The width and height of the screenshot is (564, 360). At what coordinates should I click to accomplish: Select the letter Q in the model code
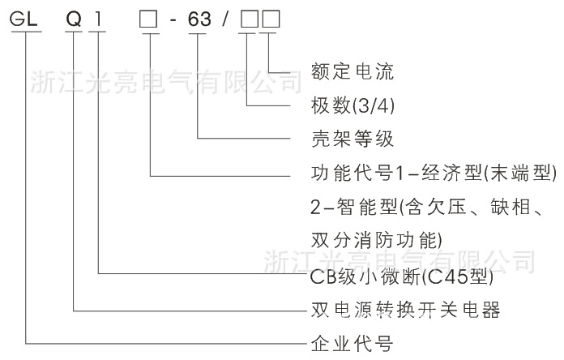click(73, 20)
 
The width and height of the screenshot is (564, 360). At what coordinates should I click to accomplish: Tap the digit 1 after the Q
click(98, 20)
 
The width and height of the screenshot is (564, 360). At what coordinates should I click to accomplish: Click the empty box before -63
click(147, 20)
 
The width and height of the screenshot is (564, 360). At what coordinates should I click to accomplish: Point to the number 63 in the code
click(199, 20)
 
